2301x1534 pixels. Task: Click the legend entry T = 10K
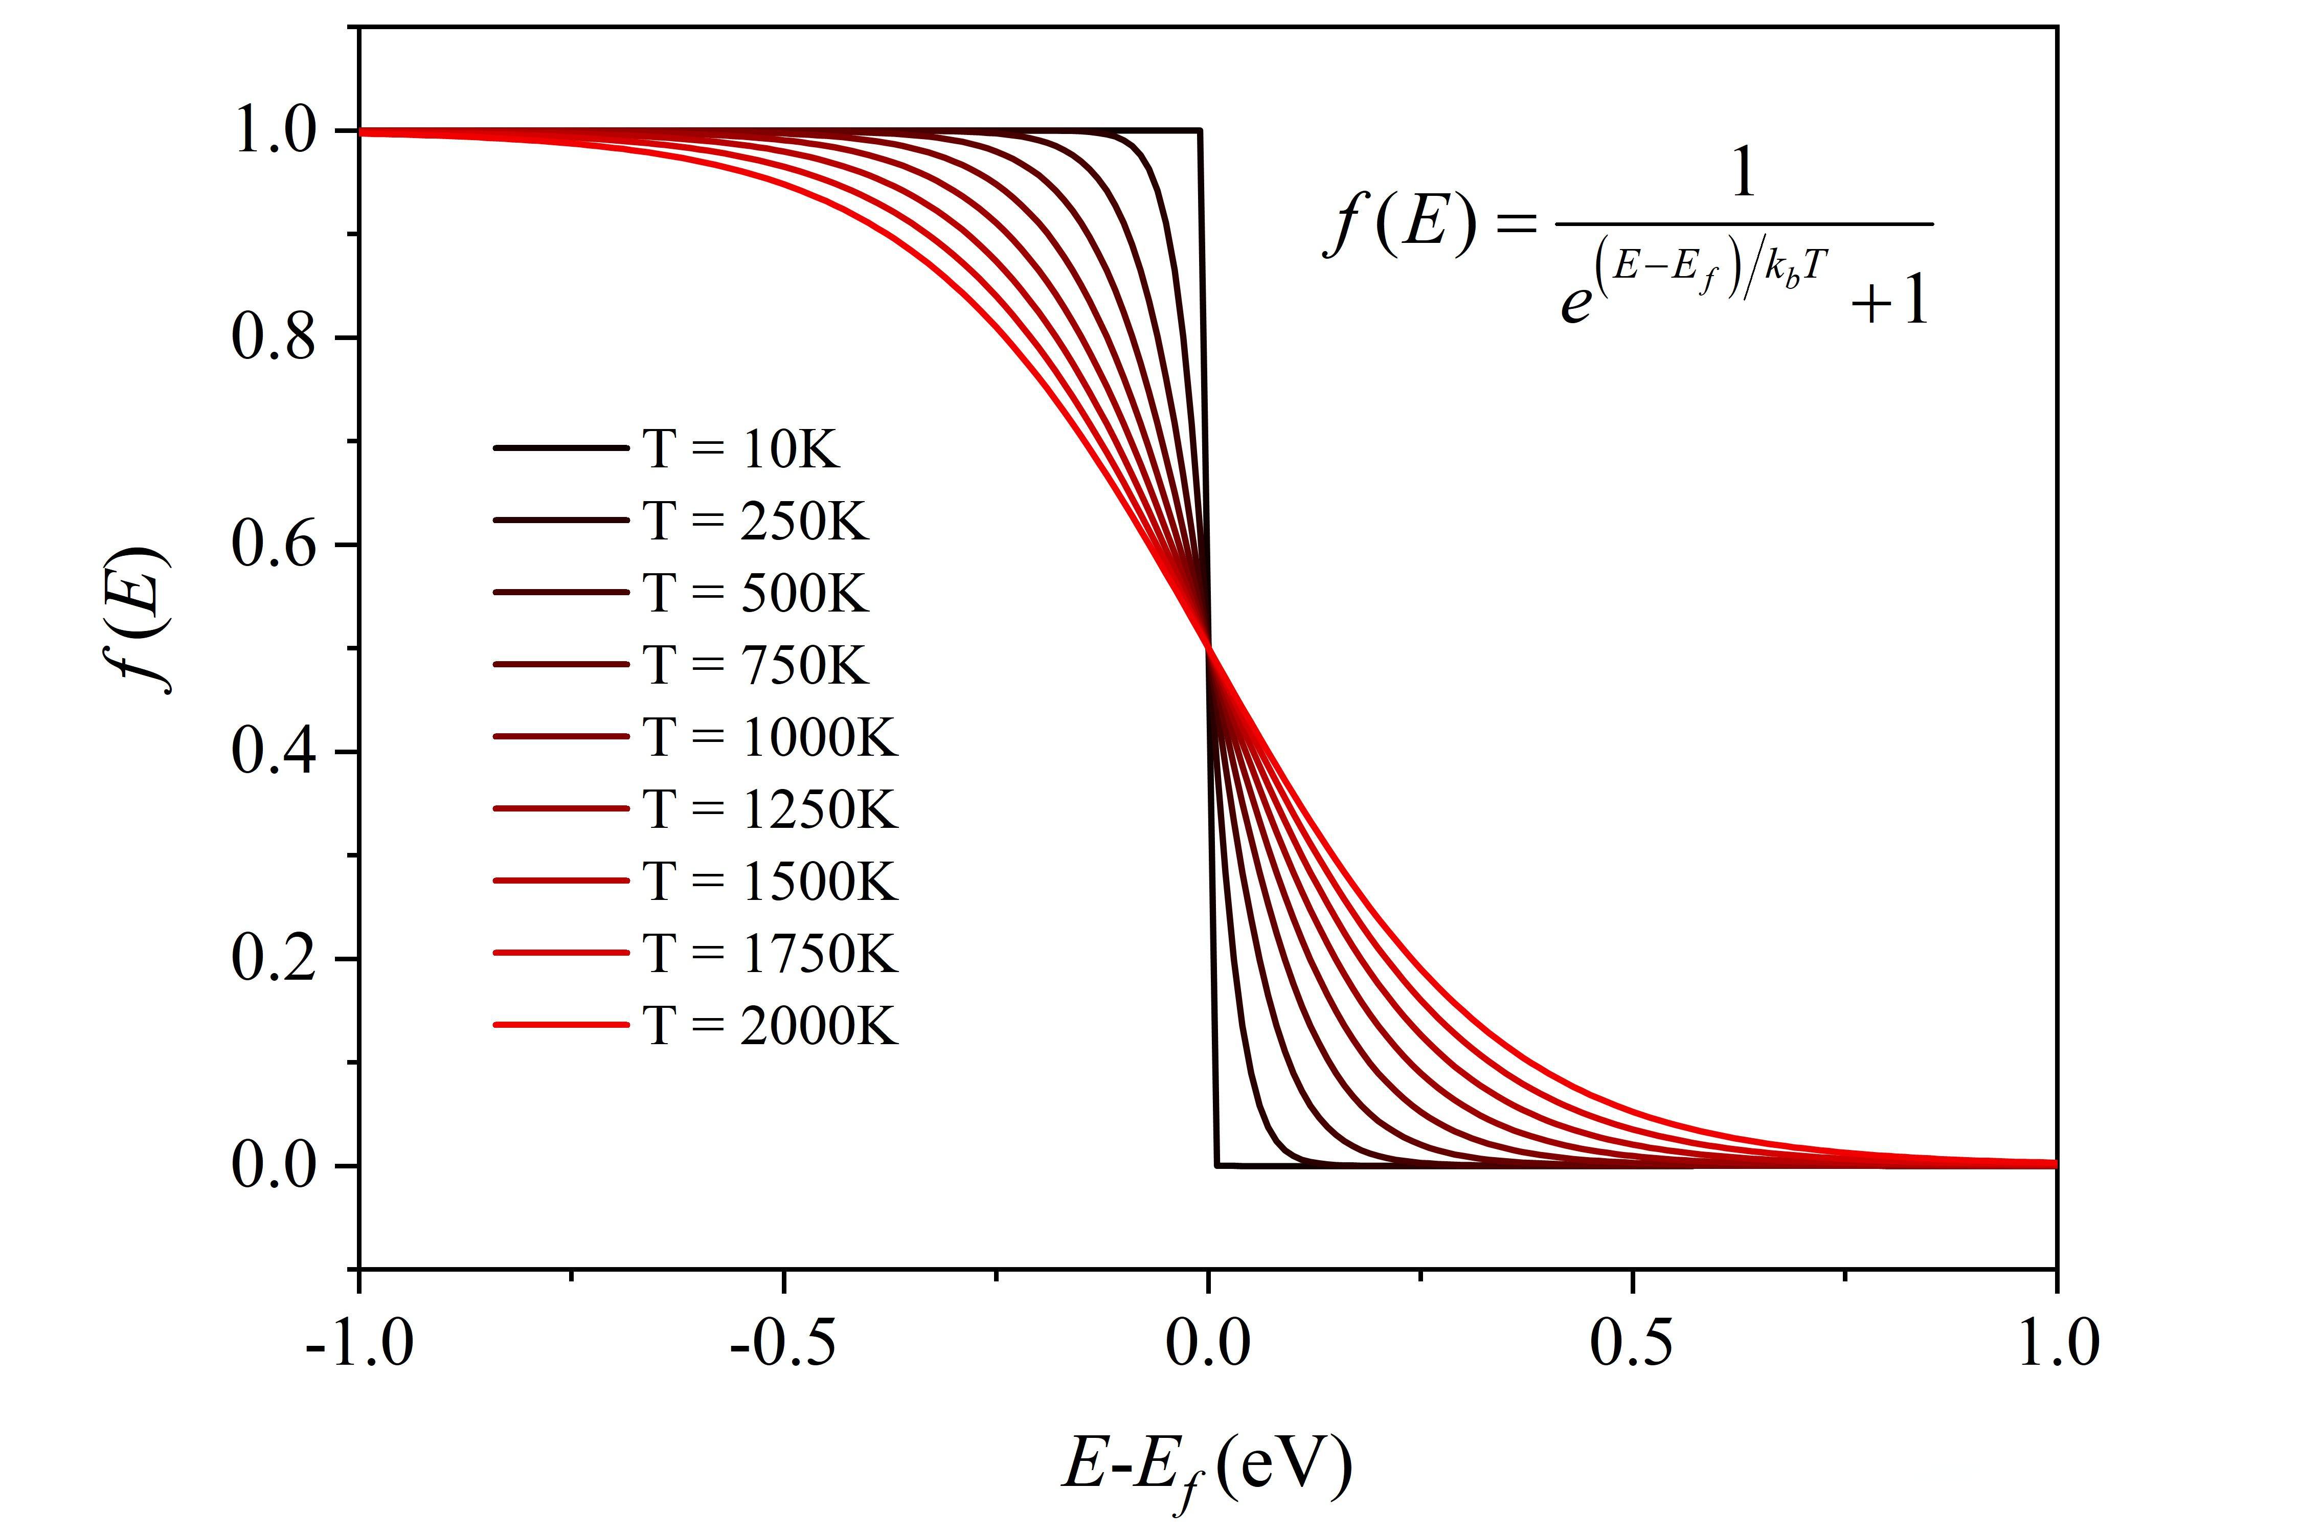coord(740,449)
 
